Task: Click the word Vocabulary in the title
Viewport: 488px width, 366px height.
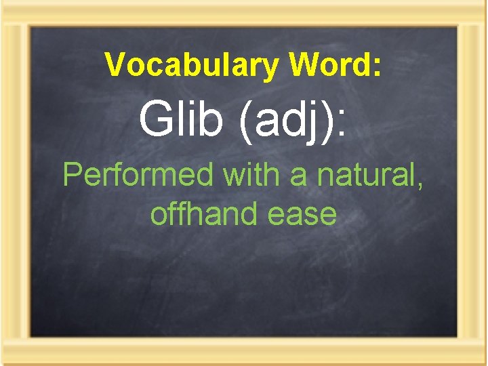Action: [192, 66]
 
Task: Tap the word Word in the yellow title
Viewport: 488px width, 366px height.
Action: [331, 65]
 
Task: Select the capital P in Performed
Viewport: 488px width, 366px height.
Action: [71, 176]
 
